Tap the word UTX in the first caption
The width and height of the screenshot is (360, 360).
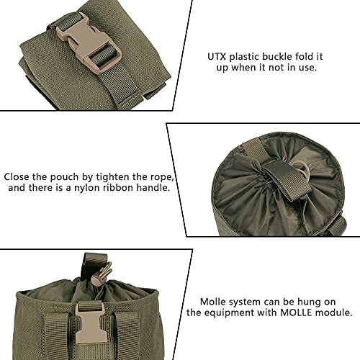(217, 55)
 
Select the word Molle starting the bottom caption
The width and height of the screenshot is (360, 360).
(213, 301)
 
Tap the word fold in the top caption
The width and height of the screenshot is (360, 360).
(318, 55)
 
